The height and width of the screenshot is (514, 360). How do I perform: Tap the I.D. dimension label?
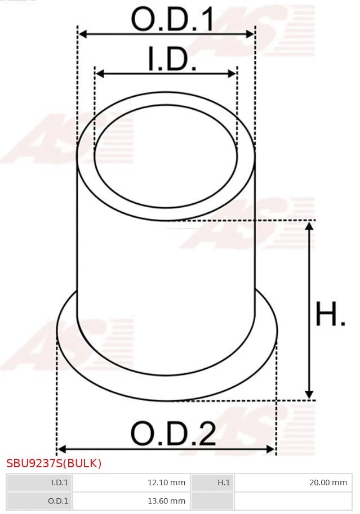pos(172,60)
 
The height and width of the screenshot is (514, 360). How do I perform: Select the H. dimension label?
pos(330,315)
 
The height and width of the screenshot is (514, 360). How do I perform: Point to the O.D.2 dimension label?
pos(173,433)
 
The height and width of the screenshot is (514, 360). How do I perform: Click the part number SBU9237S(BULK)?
pos(54,464)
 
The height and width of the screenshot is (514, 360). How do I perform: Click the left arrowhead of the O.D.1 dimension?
pos(82,34)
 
